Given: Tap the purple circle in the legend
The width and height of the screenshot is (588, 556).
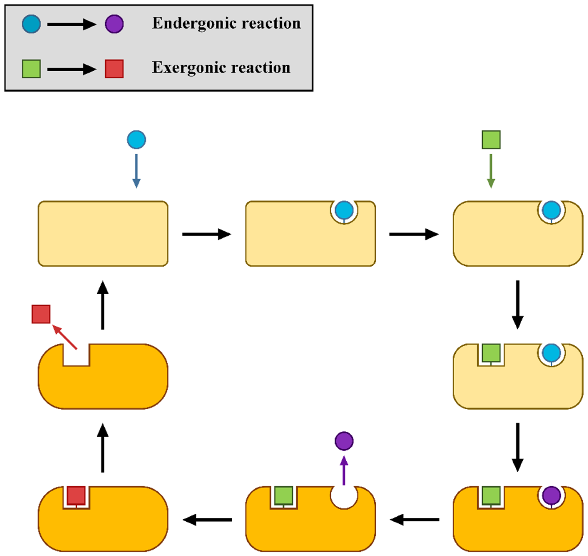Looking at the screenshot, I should pos(114,24).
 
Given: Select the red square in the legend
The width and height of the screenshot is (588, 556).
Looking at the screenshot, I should pos(114,69).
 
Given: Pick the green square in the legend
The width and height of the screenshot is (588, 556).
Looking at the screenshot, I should pos(31,69).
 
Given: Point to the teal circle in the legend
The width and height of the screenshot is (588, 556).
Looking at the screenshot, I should pos(31,24).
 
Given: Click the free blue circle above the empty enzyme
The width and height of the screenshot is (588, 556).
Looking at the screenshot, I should pos(136,140).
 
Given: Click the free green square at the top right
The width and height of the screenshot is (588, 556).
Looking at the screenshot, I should pos(491,140).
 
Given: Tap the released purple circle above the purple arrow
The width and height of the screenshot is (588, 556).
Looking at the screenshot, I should pos(344,441).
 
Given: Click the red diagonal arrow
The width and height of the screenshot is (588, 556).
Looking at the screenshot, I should pos(65,337).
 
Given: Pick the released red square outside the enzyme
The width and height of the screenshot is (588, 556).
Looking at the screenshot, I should pos(41,314).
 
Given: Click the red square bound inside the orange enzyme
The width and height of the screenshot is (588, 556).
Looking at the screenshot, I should pos(76,495).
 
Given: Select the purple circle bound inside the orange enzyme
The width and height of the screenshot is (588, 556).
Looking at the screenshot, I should pos(551,495).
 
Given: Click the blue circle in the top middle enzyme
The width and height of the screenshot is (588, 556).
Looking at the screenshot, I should pos(344,210).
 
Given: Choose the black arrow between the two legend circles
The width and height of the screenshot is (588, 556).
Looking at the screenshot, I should pos(72,24).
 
